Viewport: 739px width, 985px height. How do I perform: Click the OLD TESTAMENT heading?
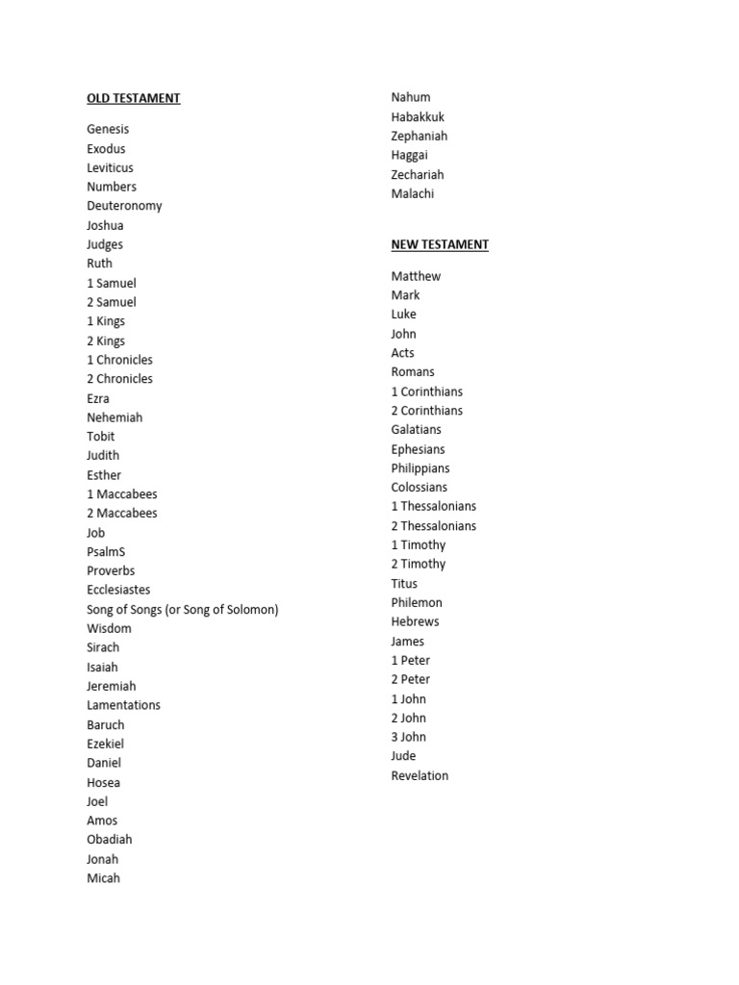(x=133, y=98)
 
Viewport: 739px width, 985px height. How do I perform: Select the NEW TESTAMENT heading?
(x=439, y=244)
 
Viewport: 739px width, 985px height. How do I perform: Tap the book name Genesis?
(x=107, y=129)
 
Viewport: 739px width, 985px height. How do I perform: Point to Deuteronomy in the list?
(x=124, y=206)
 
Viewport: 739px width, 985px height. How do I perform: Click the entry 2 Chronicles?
(x=119, y=379)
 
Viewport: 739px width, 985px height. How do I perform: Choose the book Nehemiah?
(x=114, y=417)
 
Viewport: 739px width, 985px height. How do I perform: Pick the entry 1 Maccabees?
(x=121, y=494)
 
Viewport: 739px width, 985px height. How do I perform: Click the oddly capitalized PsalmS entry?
(x=106, y=552)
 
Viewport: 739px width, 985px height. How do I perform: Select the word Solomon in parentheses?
(x=247, y=610)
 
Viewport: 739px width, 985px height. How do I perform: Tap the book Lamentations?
(x=123, y=705)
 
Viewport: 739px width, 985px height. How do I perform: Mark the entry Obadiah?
(x=109, y=840)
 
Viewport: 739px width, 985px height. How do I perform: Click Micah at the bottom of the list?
(x=103, y=878)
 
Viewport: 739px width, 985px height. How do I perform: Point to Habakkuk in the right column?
(x=418, y=117)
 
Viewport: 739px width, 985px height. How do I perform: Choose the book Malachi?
(x=412, y=194)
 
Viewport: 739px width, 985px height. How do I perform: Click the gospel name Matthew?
(x=416, y=276)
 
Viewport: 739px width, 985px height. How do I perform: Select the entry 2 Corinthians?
(x=426, y=411)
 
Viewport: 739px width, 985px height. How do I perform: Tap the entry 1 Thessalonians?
(x=433, y=507)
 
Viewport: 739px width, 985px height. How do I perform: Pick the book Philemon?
(x=417, y=603)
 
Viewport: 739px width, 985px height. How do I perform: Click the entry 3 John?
(x=408, y=737)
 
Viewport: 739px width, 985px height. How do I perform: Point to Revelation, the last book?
(x=420, y=775)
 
